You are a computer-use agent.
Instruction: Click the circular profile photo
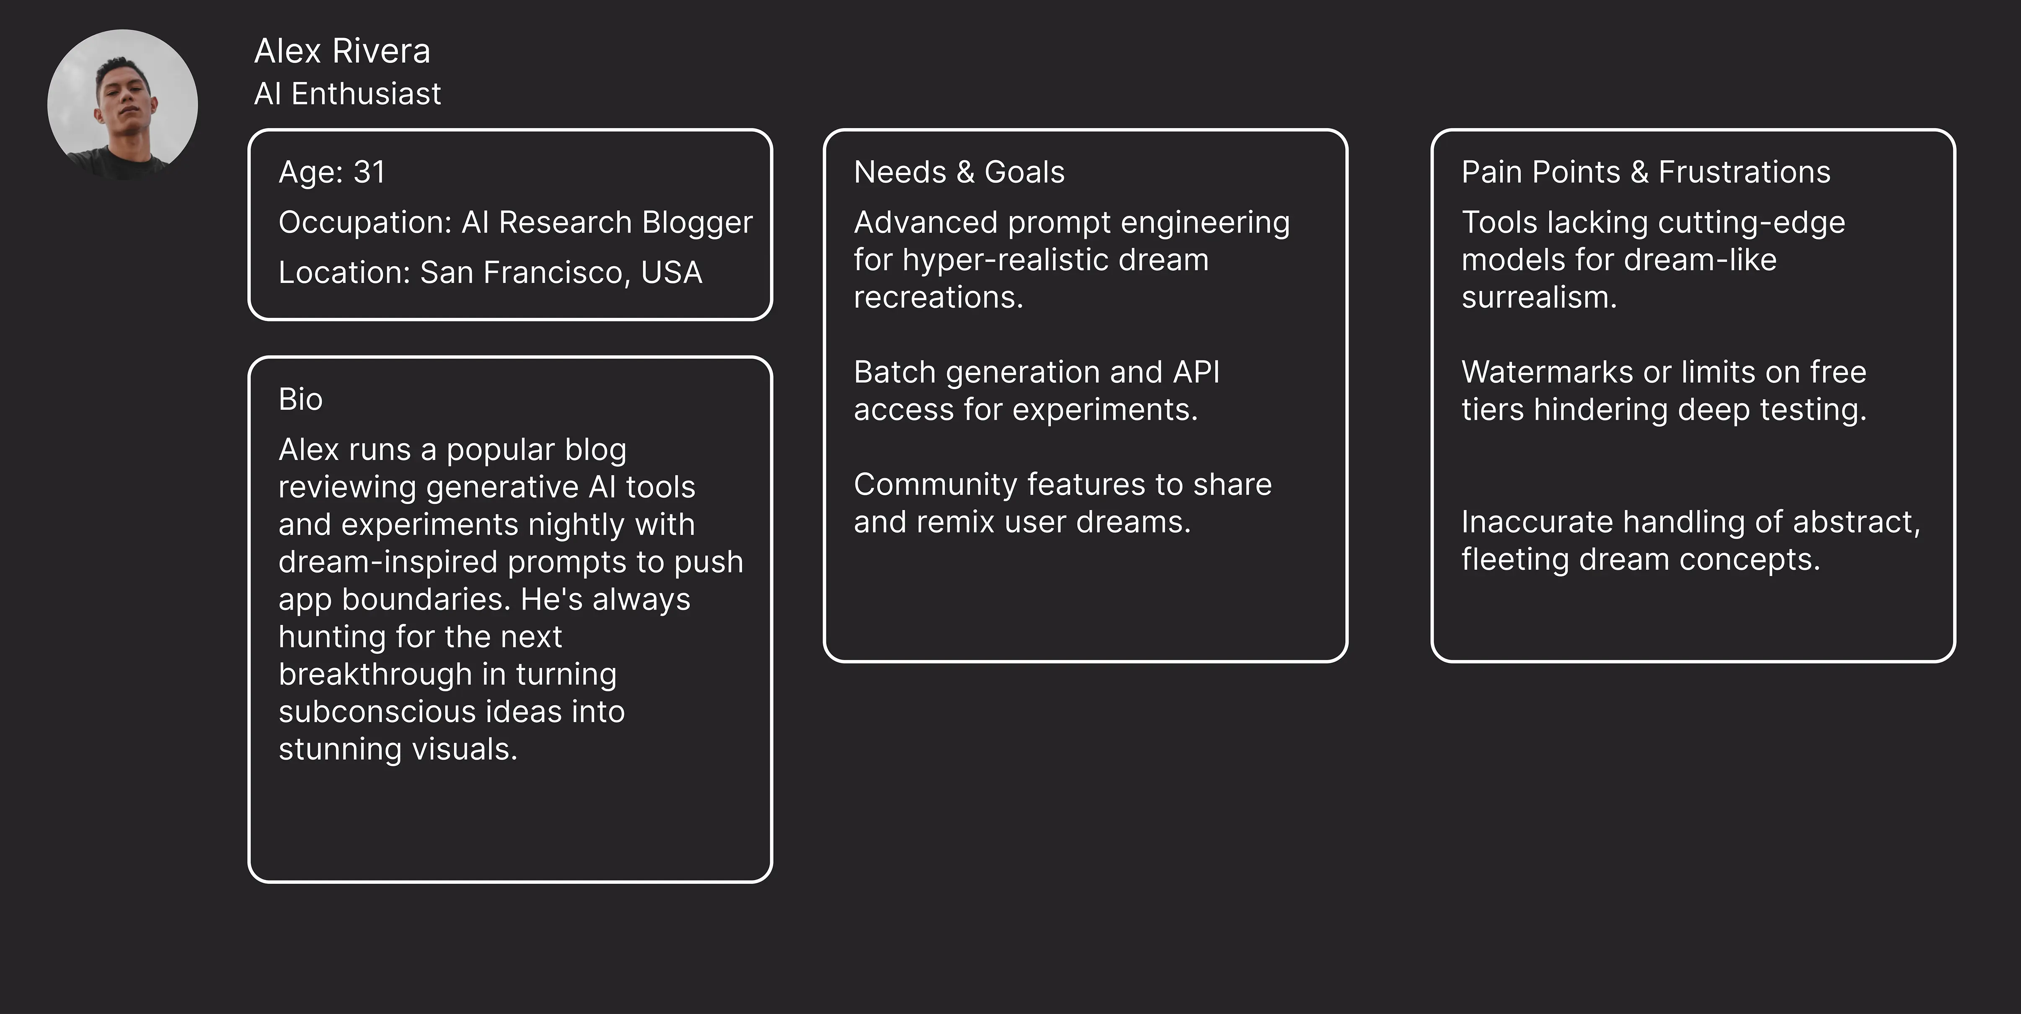coord(122,104)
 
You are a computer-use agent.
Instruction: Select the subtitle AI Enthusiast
coord(348,94)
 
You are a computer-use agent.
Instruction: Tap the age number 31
coord(370,173)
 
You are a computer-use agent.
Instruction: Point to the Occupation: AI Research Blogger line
coord(514,223)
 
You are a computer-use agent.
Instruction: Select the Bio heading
coord(300,400)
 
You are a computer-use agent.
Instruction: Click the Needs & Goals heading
coord(959,173)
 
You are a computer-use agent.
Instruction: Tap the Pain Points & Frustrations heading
coord(1645,173)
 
